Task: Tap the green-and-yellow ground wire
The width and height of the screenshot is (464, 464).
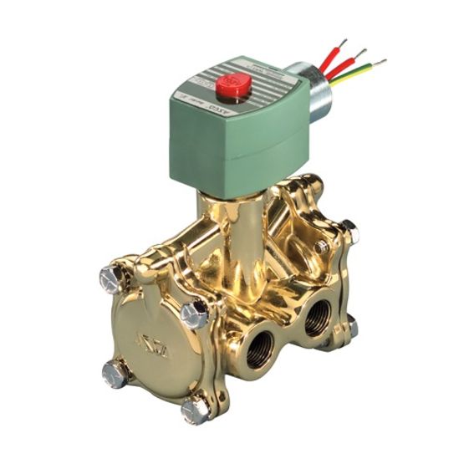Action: [351, 76]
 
